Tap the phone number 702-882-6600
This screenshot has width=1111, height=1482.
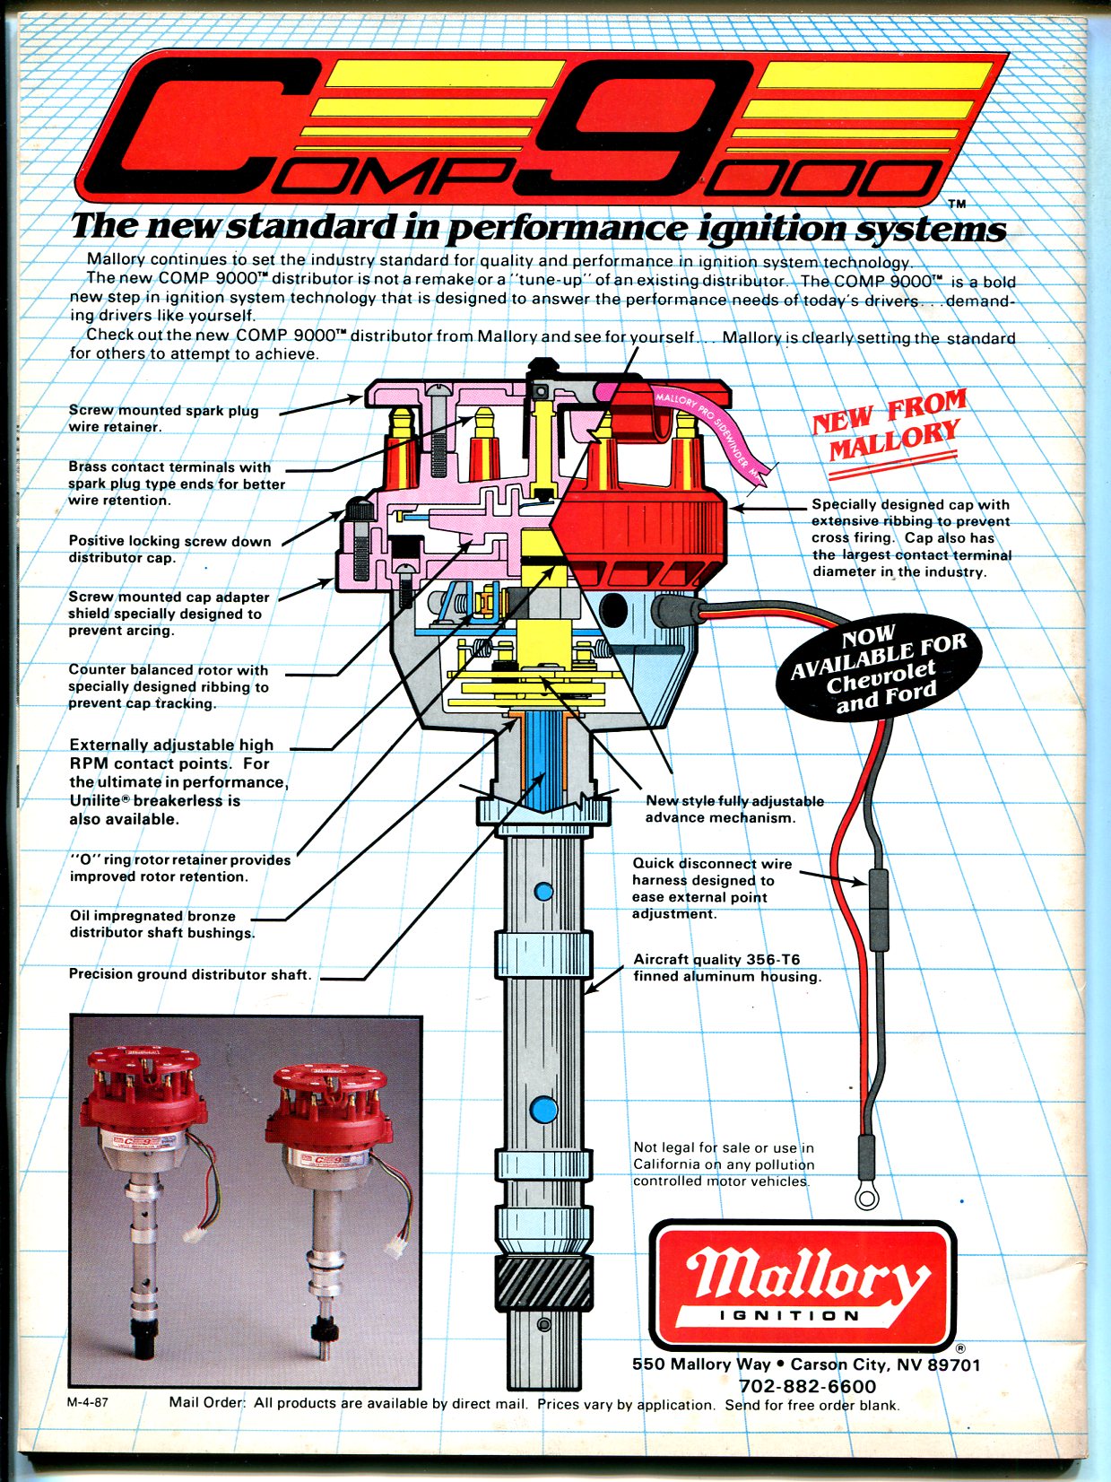click(807, 1386)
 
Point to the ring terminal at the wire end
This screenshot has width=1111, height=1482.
click(867, 1197)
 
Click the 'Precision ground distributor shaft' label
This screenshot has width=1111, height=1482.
click(190, 974)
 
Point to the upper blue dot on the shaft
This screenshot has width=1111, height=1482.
click(543, 891)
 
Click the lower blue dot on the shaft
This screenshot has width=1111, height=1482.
click(542, 1111)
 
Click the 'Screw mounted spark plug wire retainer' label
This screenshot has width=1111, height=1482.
click(163, 418)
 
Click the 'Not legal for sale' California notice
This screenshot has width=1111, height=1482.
click(723, 1164)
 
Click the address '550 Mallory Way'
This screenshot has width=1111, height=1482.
click(701, 1364)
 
